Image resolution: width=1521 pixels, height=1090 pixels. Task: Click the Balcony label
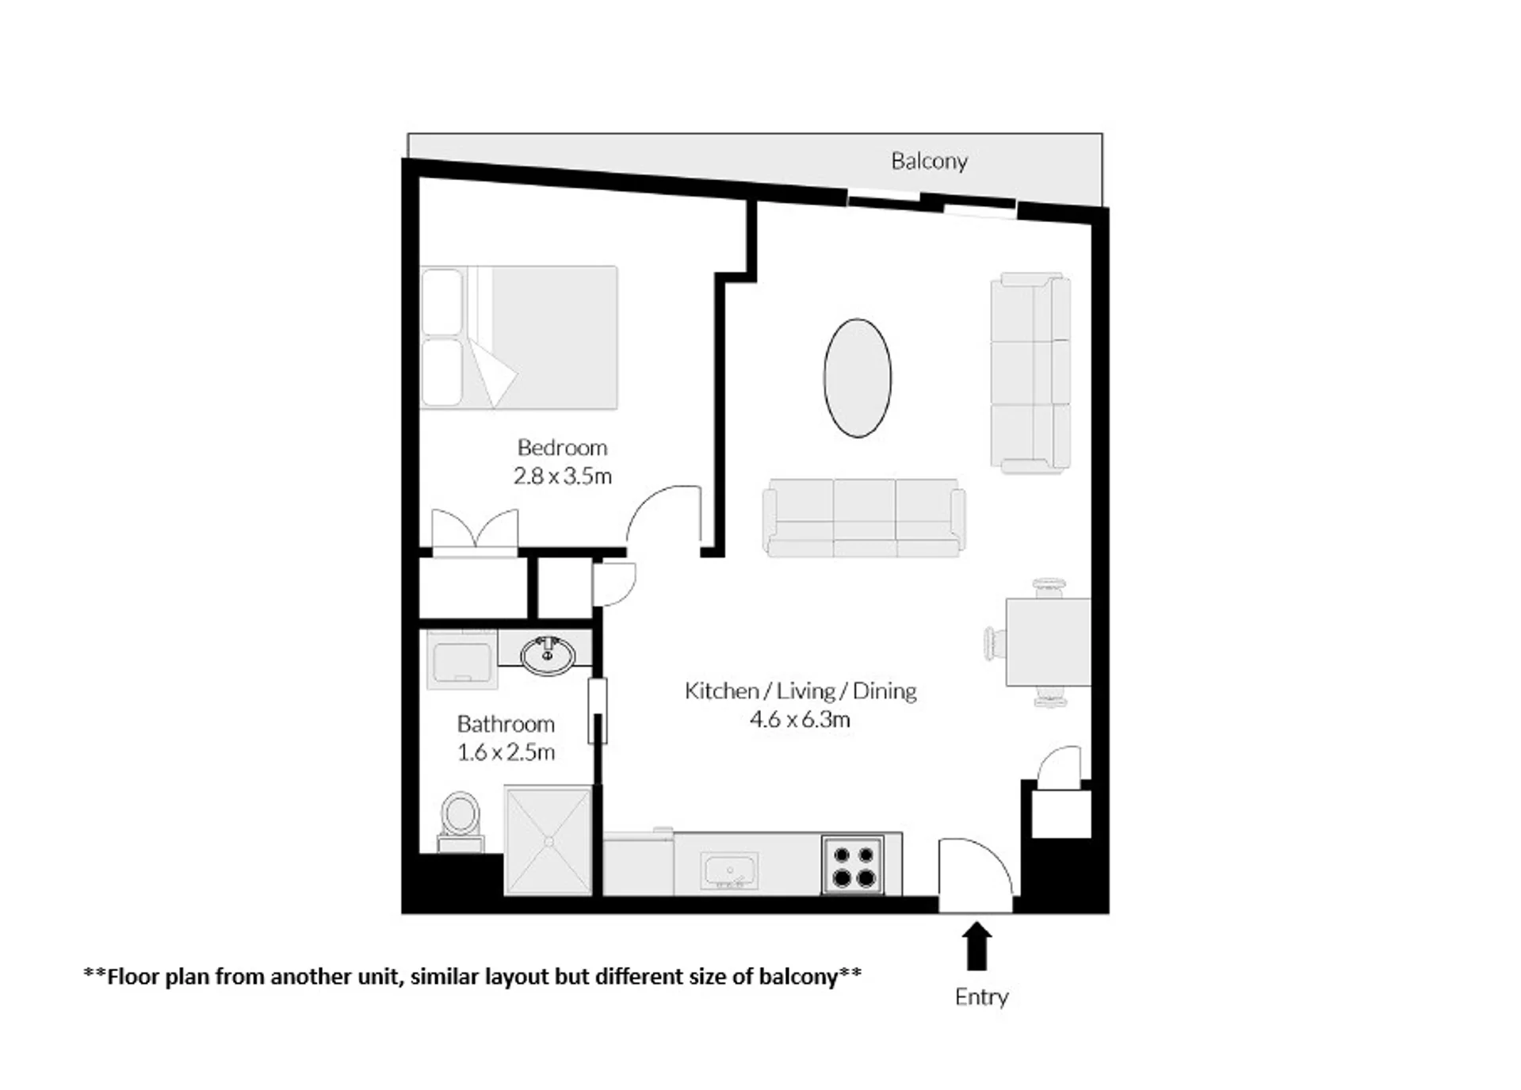(x=929, y=161)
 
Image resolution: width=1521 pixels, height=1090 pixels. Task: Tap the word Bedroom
(x=562, y=447)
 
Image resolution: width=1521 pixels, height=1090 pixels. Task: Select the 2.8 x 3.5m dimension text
(x=562, y=476)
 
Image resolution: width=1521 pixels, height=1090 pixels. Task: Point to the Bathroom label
(x=506, y=724)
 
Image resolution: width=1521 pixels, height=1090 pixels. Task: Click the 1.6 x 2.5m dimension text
(x=506, y=752)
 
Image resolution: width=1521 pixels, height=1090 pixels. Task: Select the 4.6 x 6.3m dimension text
(x=800, y=719)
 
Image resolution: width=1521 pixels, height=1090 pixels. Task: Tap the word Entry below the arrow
(x=981, y=996)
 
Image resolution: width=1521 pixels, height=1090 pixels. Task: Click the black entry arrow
(x=976, y=946)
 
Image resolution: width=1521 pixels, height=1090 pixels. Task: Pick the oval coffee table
(x=857, y=378)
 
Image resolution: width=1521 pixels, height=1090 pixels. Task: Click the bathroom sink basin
(x=548, y=656)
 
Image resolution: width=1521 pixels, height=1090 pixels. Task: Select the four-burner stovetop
(x=853, y=865)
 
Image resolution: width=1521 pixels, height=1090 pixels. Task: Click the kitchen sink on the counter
(x=729, y=871)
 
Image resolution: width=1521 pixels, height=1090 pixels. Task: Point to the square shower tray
(x=548, y=840)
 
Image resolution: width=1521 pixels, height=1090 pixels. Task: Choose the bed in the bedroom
(x=519, y=338)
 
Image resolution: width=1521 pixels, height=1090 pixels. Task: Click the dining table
(x=1048, y=642)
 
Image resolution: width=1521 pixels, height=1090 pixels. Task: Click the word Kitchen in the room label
(x=721, y=690)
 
